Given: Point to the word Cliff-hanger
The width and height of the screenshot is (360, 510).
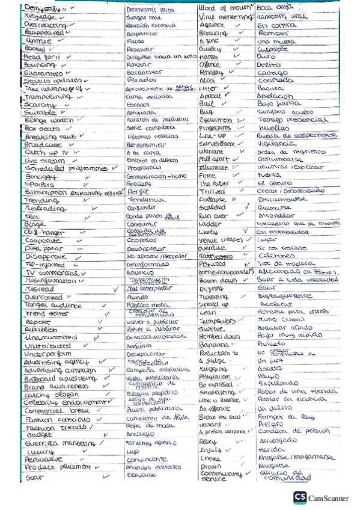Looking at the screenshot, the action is click(x=43, y=232).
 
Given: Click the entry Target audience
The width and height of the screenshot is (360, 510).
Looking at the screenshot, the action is click(x=52, y=305).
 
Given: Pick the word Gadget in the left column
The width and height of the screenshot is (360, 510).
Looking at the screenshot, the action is click(x=37, y=434).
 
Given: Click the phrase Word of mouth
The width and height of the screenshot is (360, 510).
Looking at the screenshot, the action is click(x=222, y=8).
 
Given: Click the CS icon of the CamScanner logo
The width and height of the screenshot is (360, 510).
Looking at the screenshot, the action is click(x=300, y=497).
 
